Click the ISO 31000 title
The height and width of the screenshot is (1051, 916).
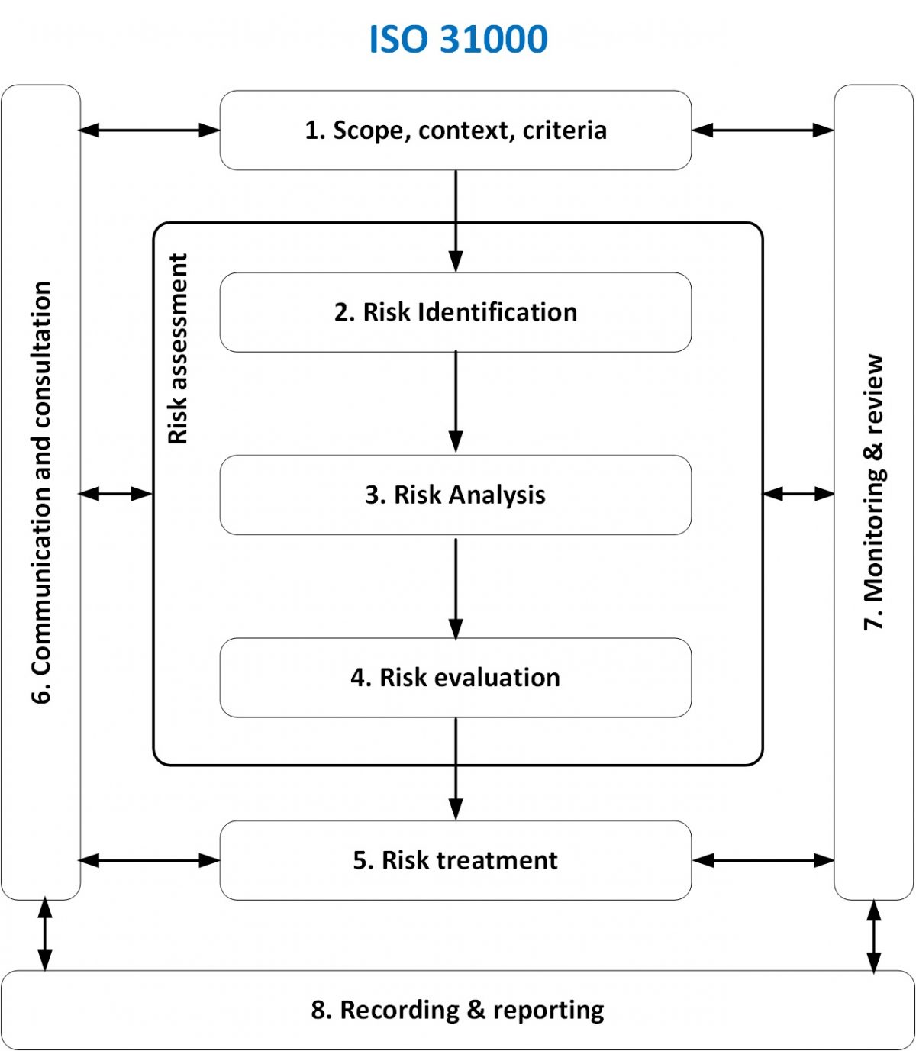[458, 40]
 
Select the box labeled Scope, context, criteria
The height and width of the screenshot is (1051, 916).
[456, 131]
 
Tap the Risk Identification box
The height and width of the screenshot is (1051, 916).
[456, 312]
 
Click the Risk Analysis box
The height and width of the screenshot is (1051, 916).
[456, 495]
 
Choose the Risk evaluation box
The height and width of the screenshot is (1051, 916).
[456, 678]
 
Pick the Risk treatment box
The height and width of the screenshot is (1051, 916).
[456, 860]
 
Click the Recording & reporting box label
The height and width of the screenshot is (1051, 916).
[457, 1010]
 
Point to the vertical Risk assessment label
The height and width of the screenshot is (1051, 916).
[178, 349]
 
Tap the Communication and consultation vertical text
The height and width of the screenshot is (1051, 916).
[41, 492]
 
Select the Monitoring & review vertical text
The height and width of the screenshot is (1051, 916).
[873, 492]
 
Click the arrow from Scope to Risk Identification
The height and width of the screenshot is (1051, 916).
[456, 221]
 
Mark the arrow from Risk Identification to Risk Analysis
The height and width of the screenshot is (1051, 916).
[456, 402]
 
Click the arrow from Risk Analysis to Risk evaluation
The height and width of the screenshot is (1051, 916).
[456, 588]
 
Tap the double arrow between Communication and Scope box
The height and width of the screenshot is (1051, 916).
[150, 131]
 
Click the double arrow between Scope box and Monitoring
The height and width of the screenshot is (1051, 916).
[763, 131]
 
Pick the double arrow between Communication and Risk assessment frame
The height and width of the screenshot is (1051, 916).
[116, 494]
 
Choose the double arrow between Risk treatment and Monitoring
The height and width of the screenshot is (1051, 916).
[763, 860]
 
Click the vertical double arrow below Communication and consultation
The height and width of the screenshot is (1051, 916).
[45, 935]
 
